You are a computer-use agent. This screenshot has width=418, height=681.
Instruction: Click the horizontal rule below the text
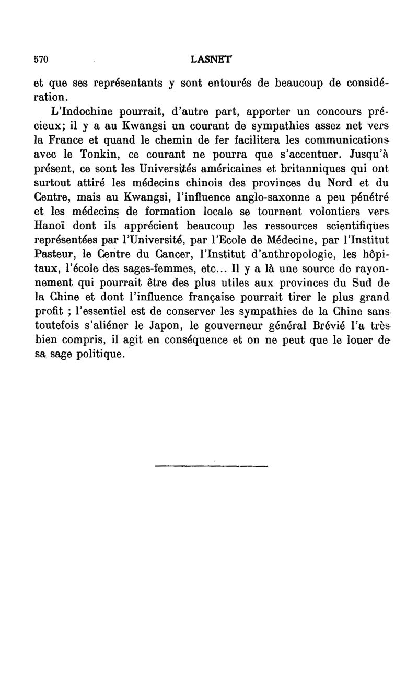tap(212, 465)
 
